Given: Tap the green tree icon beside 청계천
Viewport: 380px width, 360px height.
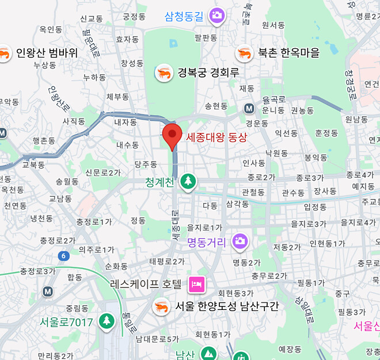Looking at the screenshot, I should point(187,182).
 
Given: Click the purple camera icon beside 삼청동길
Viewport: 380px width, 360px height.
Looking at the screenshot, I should point(217,15).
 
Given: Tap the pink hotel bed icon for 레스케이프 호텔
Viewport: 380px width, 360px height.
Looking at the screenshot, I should point(196,284).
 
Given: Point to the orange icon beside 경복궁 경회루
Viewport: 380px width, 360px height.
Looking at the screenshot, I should point(164,72).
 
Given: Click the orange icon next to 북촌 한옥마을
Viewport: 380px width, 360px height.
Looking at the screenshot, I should point(244,53).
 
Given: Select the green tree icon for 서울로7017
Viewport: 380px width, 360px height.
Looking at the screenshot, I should point(107,321).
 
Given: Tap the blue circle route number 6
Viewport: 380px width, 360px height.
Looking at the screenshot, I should point(62,255).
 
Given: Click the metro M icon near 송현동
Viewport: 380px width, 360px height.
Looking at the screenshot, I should point(249,108).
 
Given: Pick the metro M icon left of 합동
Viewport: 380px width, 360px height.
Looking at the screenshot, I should point(48,291).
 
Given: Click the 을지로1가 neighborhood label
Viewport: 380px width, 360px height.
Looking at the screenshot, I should point(204,228).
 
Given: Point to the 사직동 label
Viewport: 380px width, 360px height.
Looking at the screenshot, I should point(74,121).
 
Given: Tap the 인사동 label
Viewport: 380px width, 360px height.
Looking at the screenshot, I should point(253,163).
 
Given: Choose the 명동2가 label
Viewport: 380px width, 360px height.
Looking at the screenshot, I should point(247,263).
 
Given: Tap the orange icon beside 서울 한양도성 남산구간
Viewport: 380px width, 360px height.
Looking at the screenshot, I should point(161,307).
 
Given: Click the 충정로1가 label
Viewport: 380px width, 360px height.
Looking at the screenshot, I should point(94,221).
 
